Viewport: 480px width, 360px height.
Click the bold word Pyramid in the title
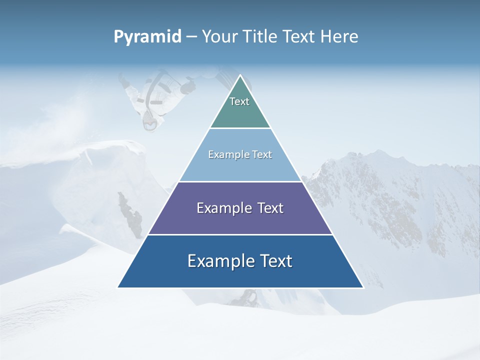pos(147,37)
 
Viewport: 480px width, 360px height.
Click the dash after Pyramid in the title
pos(191,37)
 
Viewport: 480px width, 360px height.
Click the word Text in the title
pos(299,36)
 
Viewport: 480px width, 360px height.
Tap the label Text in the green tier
pos(239,101)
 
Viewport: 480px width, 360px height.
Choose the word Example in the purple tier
pos(218,208)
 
